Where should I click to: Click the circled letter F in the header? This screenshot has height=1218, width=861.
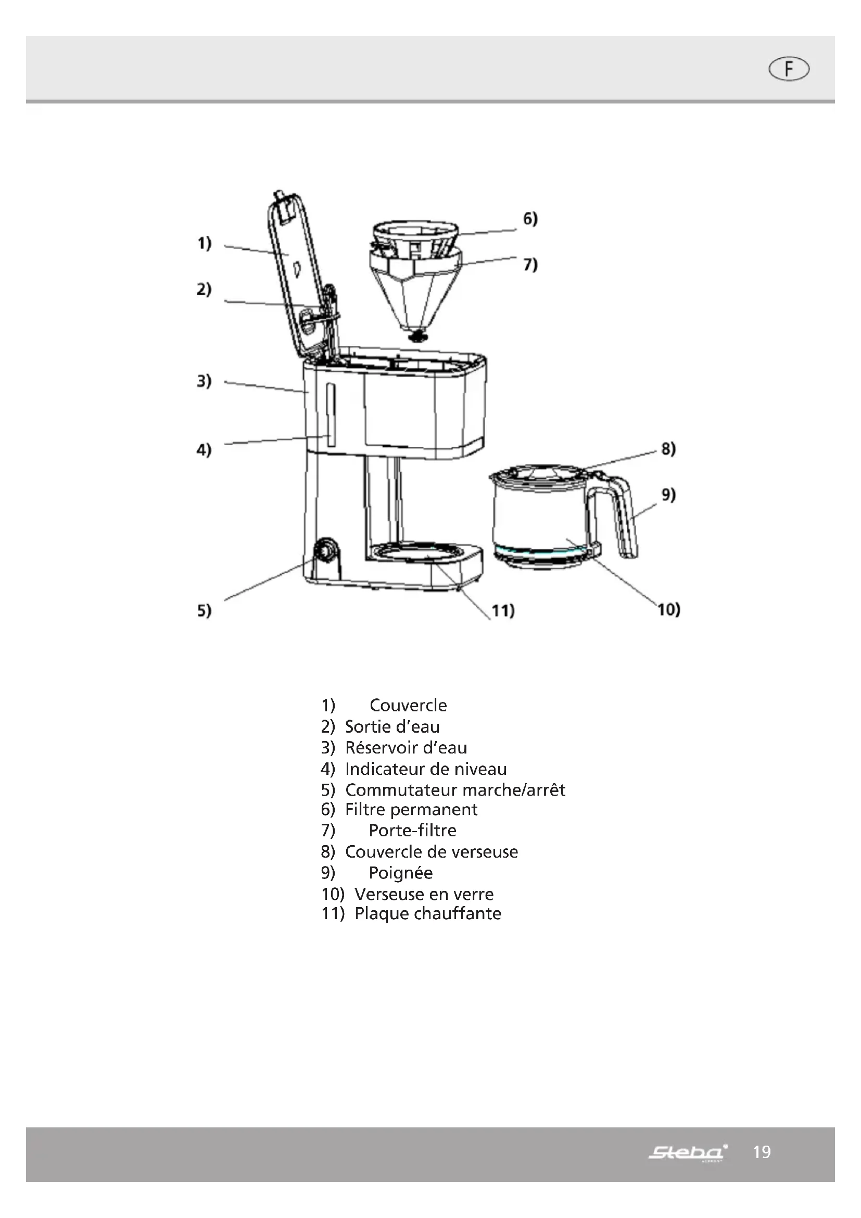pos(788,69)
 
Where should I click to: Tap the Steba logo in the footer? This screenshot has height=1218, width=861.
pos(688,1152)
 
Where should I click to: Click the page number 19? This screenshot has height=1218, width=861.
pos(762,1152)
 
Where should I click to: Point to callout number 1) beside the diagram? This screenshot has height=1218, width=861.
pos(204,244)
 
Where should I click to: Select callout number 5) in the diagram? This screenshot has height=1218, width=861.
pos(204,611)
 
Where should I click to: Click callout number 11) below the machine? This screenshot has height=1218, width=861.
pos(503,611)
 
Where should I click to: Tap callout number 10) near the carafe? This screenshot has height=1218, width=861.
pos(668,610)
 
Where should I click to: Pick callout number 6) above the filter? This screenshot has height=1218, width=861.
pos(530,219)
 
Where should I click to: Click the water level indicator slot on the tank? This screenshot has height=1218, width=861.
pos(331,415)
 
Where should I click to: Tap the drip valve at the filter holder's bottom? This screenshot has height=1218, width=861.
pos(419,335)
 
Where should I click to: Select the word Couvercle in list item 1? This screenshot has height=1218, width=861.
pos(408,705)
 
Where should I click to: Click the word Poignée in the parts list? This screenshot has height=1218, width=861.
pos(400,873)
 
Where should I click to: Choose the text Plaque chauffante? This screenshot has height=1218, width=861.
pos(427,913)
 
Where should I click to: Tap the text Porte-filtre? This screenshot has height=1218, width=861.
pos(412,830)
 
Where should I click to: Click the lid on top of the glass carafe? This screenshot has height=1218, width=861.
pos(536,473)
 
